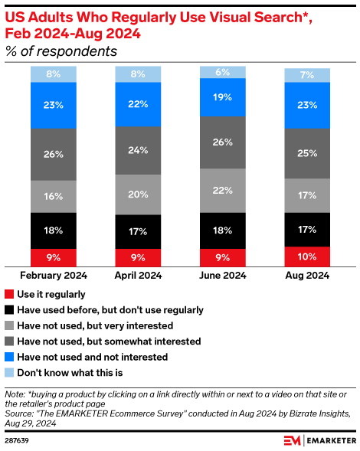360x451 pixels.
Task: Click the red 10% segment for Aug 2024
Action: click(307, 256)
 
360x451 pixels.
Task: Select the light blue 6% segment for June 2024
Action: click(223, 71)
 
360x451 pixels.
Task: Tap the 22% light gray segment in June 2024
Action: click(223, 189)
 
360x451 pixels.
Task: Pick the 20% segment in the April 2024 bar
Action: click(138, 194)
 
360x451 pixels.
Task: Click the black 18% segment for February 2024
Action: click(54, 230)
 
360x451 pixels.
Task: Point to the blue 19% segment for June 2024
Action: click(223, 96)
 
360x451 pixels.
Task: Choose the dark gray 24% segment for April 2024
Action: click(138, 151)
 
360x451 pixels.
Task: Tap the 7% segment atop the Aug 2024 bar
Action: click(307, 75)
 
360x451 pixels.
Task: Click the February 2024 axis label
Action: click(54, 276)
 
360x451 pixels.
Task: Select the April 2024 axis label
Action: click(138, 276)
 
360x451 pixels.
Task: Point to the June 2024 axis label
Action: click(223, 276)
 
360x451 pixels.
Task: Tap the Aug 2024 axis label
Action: click(307, 276)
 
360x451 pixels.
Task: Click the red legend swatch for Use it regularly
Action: click(9, 294)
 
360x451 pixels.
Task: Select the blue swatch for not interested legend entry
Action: click(9, 357)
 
